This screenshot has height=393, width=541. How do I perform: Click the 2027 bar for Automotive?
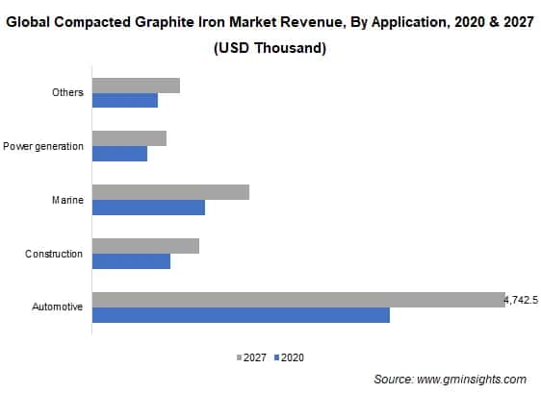tap(298, 300)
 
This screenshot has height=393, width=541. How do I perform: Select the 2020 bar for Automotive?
tap(241, 315)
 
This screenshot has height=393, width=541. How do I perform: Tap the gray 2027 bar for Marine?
tap(170, 192)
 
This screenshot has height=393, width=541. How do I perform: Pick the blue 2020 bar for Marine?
tap(148, 208)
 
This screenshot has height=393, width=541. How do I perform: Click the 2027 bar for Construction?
tap(145, 246)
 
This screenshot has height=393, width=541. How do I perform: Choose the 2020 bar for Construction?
tap(131, 261)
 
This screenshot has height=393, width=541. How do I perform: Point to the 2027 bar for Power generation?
tap(129, 138)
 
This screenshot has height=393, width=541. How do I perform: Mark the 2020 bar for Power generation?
tap(119, 154)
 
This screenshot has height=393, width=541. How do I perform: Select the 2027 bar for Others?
tap(136, 85)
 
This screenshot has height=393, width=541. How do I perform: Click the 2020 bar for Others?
tap(124, 100)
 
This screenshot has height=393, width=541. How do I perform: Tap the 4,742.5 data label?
tap(521, 301)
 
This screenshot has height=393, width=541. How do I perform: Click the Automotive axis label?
tap(57, 307)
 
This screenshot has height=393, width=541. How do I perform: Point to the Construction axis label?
tap(54, 254)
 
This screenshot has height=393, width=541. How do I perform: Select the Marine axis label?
tap(66, 200)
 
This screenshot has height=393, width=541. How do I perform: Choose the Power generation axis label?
tap(43, 146)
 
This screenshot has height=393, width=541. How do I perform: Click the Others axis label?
tap(67, 92)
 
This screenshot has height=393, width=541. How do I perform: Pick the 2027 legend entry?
tap(251, 357)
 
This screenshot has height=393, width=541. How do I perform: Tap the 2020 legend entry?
tap(289, 357)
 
